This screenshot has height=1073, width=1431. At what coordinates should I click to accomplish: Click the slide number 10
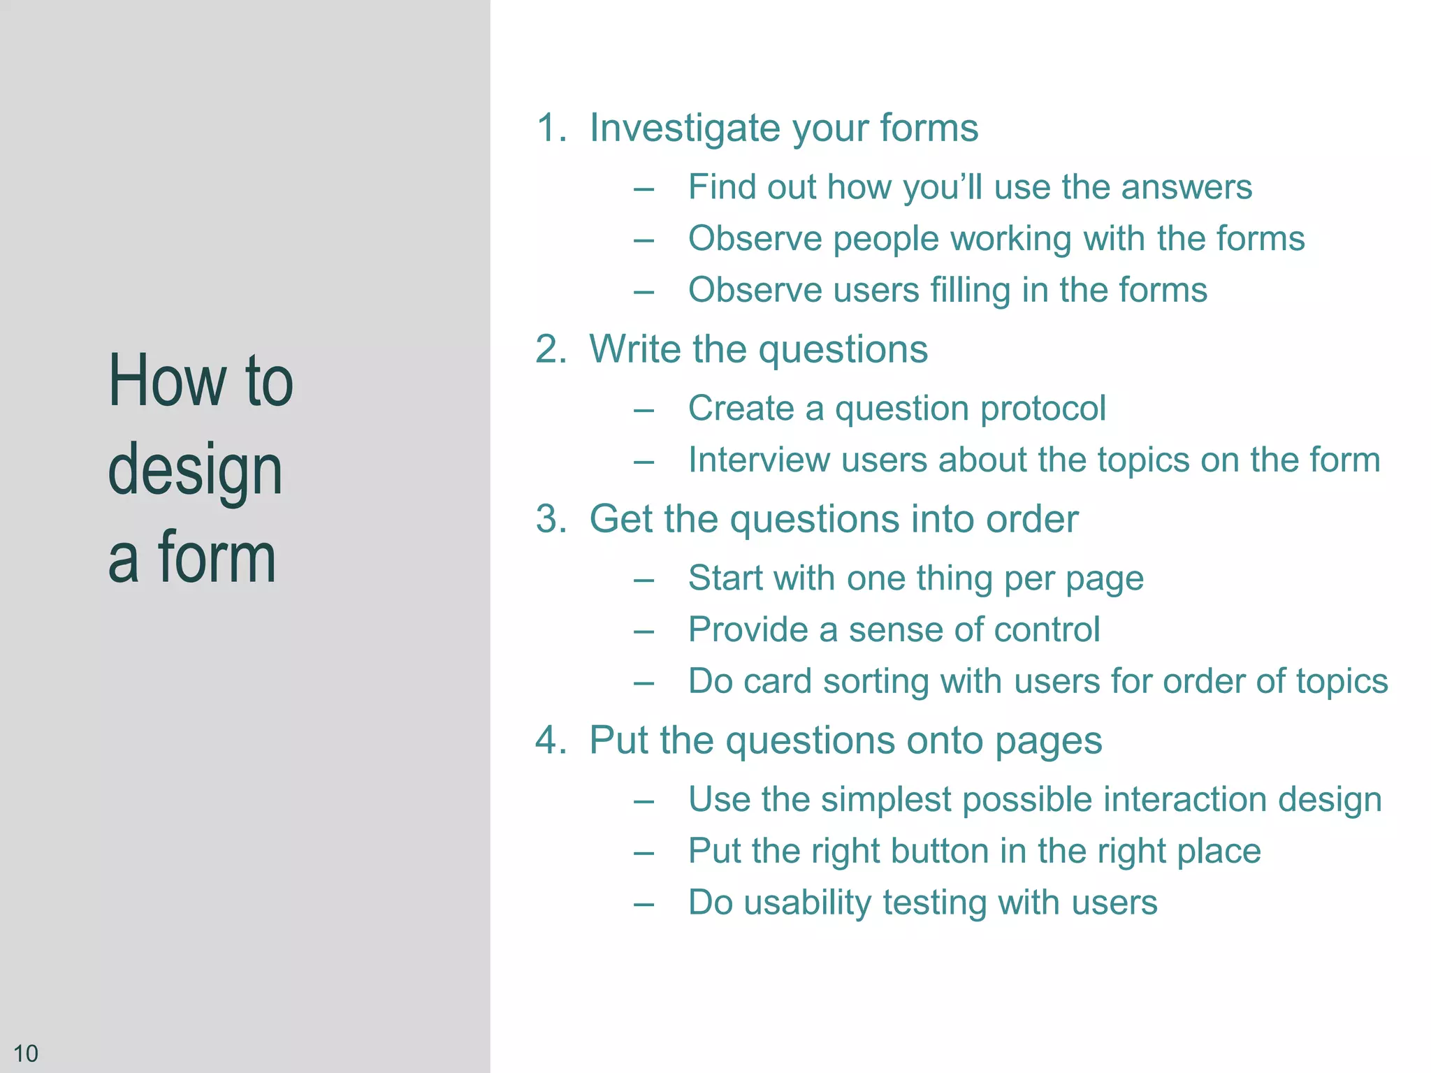[26, 1053]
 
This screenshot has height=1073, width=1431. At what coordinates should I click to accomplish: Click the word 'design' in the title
[195, 470]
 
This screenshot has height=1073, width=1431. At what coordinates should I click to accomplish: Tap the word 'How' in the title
[168, 381]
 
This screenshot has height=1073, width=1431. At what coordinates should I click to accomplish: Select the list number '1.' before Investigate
[551, 129]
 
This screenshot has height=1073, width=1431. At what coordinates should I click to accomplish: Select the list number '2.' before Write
[551, 349]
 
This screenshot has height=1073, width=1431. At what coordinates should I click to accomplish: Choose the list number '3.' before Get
[551, 519]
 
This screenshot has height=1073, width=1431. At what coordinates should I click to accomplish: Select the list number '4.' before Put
[551, 740]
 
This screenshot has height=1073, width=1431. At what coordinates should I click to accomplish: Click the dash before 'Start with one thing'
[644, 580]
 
